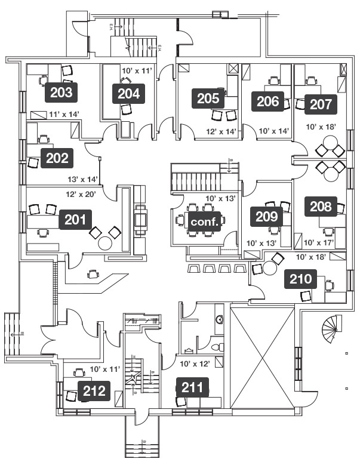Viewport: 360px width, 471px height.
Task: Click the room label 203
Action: pyautogui.click(x=61, y=93)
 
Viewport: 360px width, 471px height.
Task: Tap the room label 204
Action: pyautogui.click(x=128, y=93)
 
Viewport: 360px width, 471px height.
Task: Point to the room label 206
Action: pyautogui.click(x=268, y=101)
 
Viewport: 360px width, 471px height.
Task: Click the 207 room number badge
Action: pyautogui.click(x=321, y=104)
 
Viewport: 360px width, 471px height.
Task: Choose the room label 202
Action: pyautogui.click(x=57, y=159)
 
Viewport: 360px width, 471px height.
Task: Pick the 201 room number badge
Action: pyautogui.click(x=75, y=220)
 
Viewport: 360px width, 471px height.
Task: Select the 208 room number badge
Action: pyautogui.click(x=321, y=207)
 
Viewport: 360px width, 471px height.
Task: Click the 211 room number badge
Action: pyautogui.click(x=192, y=388)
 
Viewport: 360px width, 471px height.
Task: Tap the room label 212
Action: pyautogui.click(x=95, y=392)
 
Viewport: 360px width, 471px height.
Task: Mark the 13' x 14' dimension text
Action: pyautogui.click(x=82, y=179)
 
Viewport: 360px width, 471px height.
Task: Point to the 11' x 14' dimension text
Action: pyautogui.click(x=64, y=113)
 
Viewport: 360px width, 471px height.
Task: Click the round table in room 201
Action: pyautogui.click(x=105, y=243)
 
